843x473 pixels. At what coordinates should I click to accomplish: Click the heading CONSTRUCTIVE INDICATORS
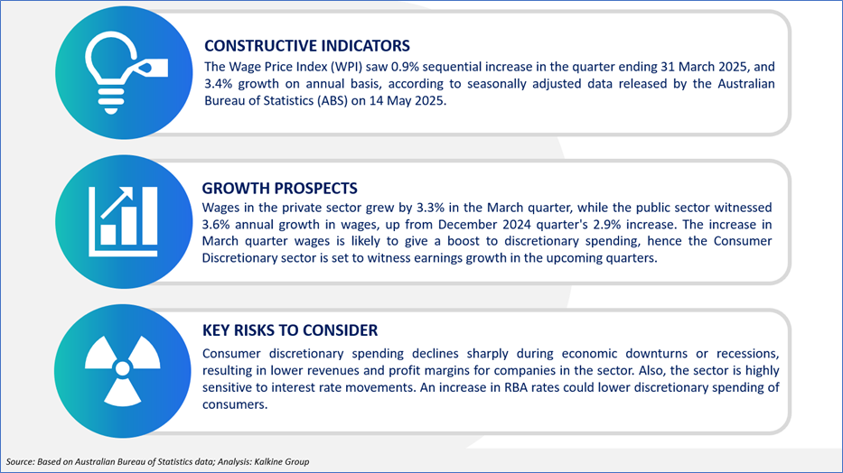tap(306, 46)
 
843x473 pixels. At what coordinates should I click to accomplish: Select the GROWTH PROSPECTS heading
tap(280, 189)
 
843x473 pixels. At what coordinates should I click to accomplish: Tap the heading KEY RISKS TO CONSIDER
tap(290, 330)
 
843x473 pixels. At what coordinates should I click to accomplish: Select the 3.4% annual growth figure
tap(220, 85)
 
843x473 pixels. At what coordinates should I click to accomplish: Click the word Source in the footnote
tap(20, 460)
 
